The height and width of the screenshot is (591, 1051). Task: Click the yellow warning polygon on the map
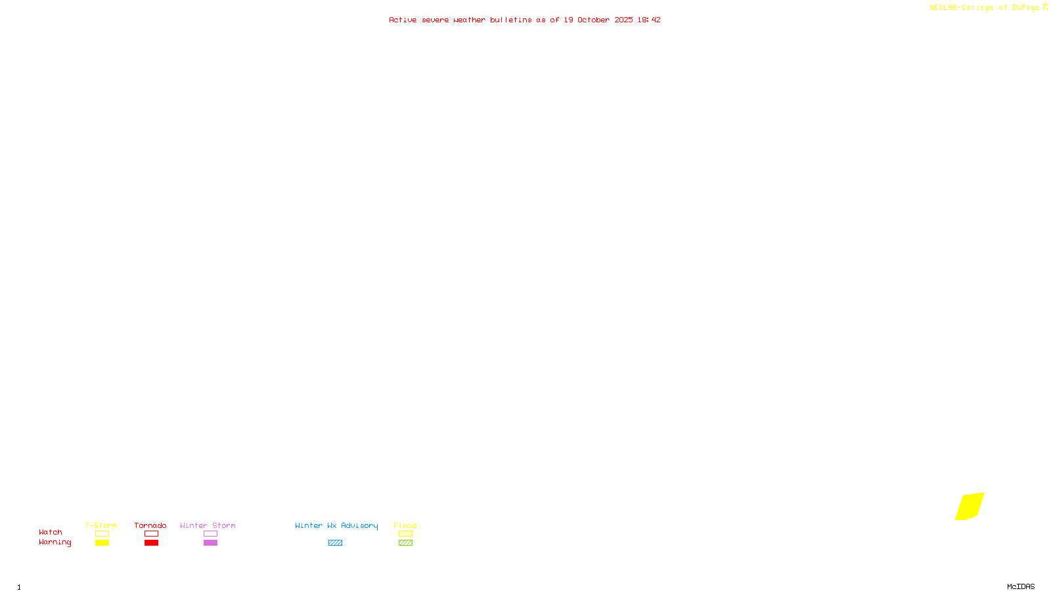click(x=970, y=506)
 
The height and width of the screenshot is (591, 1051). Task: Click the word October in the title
click(x=593, y=20)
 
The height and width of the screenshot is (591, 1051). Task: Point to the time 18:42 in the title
click(x=648, y=20)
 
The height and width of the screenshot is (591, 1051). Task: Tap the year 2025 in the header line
click(x=624, y=20)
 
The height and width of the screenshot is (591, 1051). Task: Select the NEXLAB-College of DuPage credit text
click(x=984, y=8)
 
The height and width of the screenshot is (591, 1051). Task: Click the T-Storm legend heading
click(x=101, y=525)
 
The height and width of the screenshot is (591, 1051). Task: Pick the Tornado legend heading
click(x=150, y=525)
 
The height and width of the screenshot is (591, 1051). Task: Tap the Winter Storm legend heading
click(x=208, y=525)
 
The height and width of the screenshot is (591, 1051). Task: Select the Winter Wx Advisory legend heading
click(x=336, y=525)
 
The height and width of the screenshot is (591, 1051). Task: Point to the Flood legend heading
click(x=405, y=525)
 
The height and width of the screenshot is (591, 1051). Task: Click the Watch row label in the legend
click(x=51, y=533)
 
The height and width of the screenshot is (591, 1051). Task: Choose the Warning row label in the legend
click(x=55, y=542)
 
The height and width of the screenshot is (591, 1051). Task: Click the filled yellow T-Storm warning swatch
click(x=102, y=543)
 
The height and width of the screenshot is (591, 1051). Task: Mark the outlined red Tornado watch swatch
click(x=152, y=534)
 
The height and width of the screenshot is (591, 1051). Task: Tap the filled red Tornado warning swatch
click(x=152, y=543)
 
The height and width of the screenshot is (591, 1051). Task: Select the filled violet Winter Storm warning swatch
click(x=210, y=543)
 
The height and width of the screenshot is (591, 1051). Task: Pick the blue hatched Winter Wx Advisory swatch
click(x=335, y=543)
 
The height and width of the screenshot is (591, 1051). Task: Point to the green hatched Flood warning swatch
click(x=405, y=543)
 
